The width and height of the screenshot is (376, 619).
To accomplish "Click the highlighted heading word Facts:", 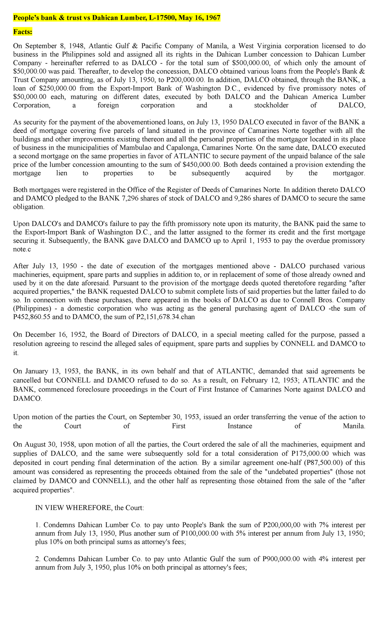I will click(x=23, y=32).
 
